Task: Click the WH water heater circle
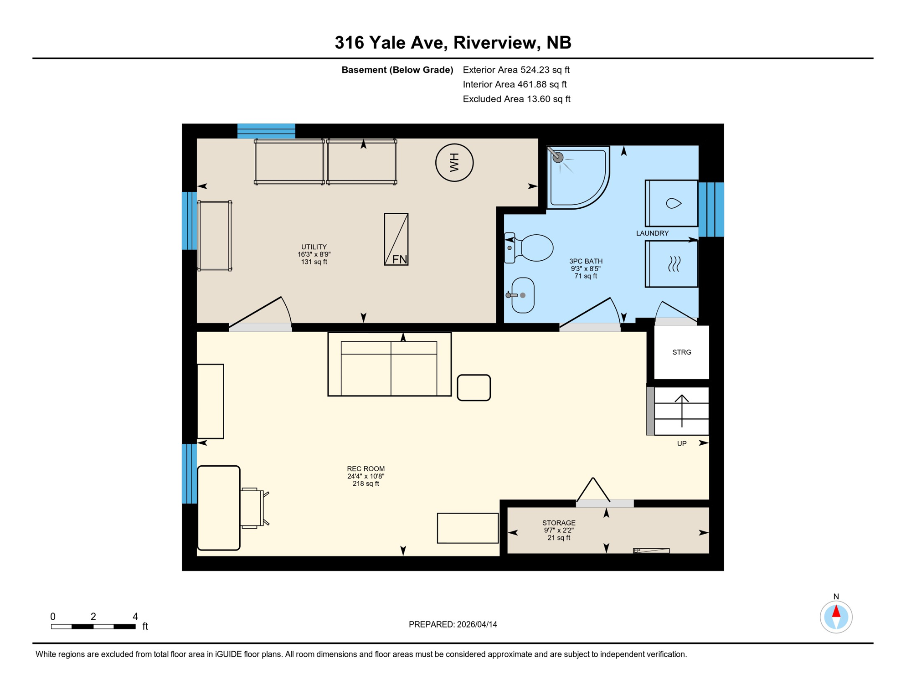click(454, 163)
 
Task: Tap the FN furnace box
click(396, 239)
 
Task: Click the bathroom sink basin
click(523, 295)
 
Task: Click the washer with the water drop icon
click(672, 203)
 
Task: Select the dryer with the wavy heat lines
click(672, 264)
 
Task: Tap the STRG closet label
click(682, 352)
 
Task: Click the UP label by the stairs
click(682, 443)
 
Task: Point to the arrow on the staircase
click(682, 410)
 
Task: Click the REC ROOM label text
click(365, 469)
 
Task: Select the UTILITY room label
click(314, 247)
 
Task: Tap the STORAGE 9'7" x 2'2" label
click(559, 530)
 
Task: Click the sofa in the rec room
click(389, 365)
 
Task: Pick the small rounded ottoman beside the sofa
click(474, 388)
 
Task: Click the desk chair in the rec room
click(253, 508)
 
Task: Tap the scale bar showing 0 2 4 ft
click(93, 627)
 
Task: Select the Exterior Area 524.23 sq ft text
click(516, 70)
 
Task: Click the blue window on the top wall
click(266, 131)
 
